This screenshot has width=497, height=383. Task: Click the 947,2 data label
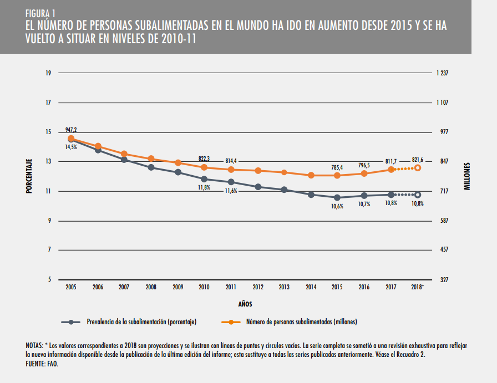pos(71,129)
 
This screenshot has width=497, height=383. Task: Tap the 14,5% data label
pos(71,147)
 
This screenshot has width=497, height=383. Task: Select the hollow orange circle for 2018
pos(418,167)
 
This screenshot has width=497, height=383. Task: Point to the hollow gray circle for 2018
pos(418,195)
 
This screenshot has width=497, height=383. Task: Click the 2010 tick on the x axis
pos(204,287)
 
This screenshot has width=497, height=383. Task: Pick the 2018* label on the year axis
pos(418,287)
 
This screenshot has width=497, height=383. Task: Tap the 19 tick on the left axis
pos(48,73)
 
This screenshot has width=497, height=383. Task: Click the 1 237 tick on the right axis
pos(443,73)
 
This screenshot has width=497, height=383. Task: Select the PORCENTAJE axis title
pos(28,176)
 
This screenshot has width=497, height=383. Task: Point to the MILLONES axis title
pos(466,176)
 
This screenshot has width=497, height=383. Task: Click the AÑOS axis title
pos(245,304)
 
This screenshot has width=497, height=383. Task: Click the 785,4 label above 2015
pos(337,166)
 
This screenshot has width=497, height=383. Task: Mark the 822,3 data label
pos(204,159)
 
